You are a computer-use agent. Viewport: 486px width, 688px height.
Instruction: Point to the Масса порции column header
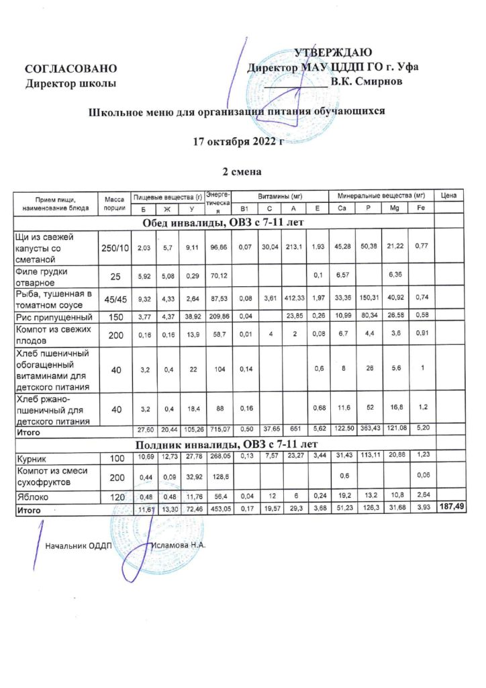click(x=114, y=203)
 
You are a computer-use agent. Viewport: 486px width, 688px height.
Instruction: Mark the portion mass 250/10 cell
click(x=114, y=249)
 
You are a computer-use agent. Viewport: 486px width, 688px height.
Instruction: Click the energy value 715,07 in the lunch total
click(x=219, y=429)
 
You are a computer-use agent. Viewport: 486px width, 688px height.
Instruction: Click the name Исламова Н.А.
click(x=179, y=545)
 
